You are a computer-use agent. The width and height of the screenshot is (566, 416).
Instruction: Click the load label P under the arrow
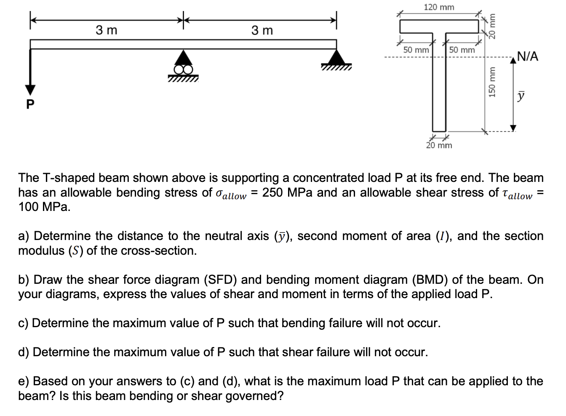click(x=29, y=104)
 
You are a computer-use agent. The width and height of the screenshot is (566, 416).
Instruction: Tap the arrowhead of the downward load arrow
click(x=29, y=90)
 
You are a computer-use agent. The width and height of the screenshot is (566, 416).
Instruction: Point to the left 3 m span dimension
click(x=107, y=30)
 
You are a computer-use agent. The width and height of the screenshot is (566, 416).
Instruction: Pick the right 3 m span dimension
click(x=262, y=30)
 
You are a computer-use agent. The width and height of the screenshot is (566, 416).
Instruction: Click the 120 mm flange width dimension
click(x=439, y=7)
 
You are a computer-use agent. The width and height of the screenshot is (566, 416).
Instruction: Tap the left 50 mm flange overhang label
click(x=416, y=50)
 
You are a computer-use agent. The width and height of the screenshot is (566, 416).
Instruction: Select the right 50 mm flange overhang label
click(x=462, y=50)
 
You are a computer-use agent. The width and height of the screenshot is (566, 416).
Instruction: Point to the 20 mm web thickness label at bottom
click(x=439, y=146)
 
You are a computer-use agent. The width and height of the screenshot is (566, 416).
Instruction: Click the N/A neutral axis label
click(x=527, y=56)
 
